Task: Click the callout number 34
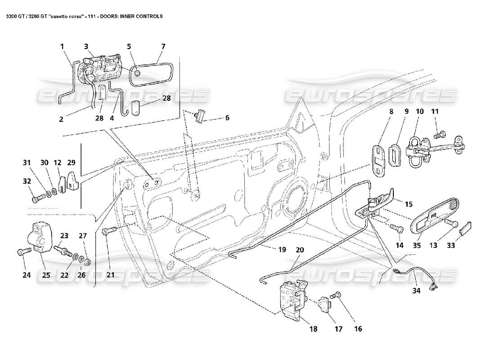[416, 291]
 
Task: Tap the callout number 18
[313, 329]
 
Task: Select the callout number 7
[163, 46]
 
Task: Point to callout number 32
[27, 181]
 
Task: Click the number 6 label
[227, 117]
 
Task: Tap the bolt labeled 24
[22, 252]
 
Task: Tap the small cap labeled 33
[465, 228]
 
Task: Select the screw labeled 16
[336, 295]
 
